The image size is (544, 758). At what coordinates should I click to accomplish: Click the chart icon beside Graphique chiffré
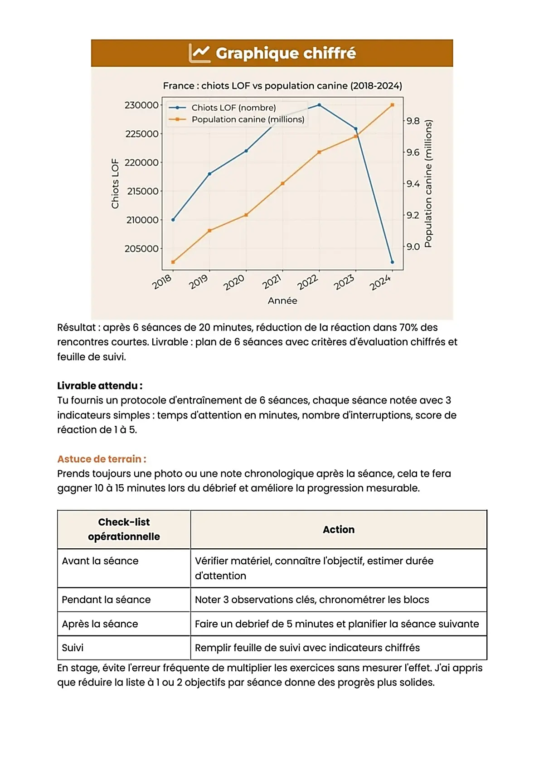(199, 53)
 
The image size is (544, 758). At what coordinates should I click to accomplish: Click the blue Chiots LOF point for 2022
(319, 105)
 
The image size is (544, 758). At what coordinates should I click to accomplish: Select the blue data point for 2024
(392, 262)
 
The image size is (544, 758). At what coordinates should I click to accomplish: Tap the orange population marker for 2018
(173, 262)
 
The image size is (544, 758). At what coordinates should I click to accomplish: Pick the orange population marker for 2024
(392, 105)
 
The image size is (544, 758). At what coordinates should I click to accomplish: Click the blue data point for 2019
(209, 174)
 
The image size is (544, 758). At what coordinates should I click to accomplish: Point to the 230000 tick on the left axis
(141, 105)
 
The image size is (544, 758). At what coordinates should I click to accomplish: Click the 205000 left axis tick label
(141, 249)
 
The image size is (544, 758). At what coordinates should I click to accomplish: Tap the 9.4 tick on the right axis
(413, 184)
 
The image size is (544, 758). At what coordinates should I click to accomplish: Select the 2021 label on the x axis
(272, 282)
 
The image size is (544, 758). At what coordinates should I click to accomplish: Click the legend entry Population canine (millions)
(248, 119)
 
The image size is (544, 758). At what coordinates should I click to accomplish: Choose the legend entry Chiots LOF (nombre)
(233, 108)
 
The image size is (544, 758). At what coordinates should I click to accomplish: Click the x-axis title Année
(282, 300)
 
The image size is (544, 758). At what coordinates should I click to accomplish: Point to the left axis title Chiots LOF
(115, 183)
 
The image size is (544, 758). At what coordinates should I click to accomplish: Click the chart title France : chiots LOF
(282, 86)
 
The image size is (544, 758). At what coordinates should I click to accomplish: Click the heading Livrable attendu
(100, 386)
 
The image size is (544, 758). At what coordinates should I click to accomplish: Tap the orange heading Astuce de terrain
(102, 459)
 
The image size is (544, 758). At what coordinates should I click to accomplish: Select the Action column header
(338, 530)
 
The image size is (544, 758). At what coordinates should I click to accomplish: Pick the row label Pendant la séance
(106, 600)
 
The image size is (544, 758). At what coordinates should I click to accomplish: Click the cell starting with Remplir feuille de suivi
(307, 648)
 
